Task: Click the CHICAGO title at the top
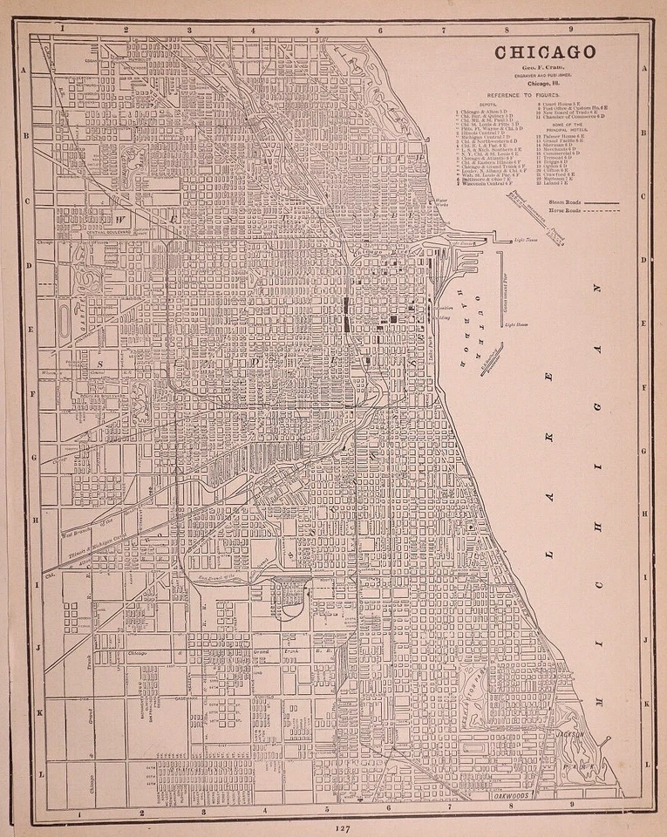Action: tap(546, 53)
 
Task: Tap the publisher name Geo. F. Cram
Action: tap(546, 68)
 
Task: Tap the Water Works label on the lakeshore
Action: tap(441, 202)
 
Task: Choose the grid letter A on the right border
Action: tap(643, 70)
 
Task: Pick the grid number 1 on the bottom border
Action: tap(79, 813)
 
